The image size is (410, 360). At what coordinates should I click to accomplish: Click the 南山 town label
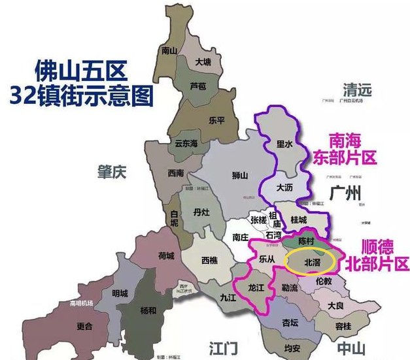pyautogui.click(x=169, y=50)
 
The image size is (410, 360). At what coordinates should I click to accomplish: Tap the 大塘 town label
pyautogui.click(x=203, y=62)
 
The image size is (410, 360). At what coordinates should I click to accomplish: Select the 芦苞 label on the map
pyautogui.click(x=197, y=86)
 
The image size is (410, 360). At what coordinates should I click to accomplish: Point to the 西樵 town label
pyautogui.click(x=209, y=260)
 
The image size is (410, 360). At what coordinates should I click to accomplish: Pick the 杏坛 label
pyautogui.click(x=290, y=322)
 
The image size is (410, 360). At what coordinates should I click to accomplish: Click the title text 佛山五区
pyautogui.click(x=85, y=70)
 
